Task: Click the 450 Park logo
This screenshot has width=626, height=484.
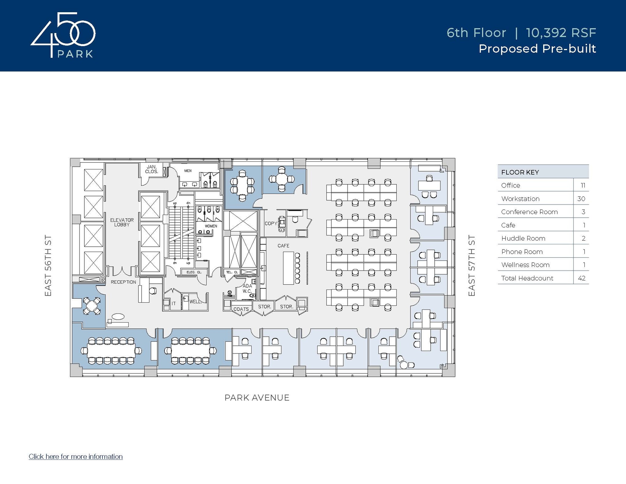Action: [x=63, y=35]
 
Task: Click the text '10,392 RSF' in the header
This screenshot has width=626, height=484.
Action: [x=561, y=33]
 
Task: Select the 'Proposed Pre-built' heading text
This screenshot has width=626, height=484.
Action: [x=537, y=49]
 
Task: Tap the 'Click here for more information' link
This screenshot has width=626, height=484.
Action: [x=75, y=456]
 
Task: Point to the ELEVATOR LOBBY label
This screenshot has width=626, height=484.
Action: [x=122, y=222]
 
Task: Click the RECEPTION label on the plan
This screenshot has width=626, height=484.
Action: [x=123, y=282]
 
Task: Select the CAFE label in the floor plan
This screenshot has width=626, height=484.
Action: [x=283, y=246]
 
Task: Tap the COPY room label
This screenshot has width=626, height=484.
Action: [x=271, y=224]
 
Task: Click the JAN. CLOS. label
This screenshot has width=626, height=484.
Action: [x=152, y=169]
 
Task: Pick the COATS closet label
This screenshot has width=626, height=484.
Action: [x=241, y=309]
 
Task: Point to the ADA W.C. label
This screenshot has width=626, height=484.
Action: [x=247, y=288]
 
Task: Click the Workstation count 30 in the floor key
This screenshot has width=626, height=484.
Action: [x=581, y=199]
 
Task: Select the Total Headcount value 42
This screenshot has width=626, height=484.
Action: [x=581, y=278]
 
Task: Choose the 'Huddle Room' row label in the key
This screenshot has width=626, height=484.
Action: [x=523, y=238]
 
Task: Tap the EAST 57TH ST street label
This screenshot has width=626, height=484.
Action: [x=472, y=265]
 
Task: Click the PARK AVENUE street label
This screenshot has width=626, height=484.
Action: [x=257, y=397]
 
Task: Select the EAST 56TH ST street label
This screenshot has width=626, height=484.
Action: [x=48, y=265]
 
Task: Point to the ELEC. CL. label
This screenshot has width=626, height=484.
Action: [x=194, y=272]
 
